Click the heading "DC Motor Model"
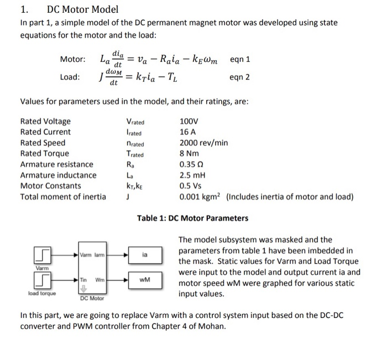tap(82, 9)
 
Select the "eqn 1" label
tap(240, 59)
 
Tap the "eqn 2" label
tap(239, 77)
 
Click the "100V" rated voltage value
tap(189, 121)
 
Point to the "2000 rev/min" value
tap(204, 143)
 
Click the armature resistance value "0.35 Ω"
tap(191, 164)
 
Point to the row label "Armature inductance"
tap(58, 175)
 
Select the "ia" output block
tap(144, 255)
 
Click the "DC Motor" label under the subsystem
tap(92, 298)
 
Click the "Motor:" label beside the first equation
tap(73, 59)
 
